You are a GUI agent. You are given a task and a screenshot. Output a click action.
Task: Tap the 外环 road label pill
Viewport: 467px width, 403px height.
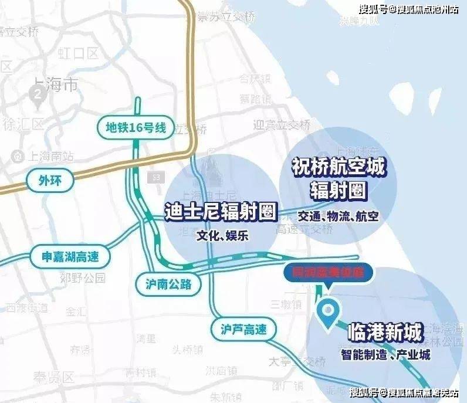(x=51, y=181)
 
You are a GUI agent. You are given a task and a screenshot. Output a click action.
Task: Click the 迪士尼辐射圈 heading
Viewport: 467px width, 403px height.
(x=220, y=212)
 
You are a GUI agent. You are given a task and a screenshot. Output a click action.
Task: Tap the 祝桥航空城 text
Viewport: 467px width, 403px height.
(x=338, y=168)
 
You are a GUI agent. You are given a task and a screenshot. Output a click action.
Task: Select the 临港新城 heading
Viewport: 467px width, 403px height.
(x=385, y=334)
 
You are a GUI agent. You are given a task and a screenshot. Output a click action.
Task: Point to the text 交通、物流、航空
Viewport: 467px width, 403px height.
(x=338, y=216)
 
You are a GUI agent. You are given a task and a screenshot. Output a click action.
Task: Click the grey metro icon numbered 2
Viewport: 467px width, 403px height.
(x=39, y=94)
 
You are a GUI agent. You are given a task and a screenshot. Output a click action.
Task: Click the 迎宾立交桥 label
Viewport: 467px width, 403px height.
(x=281, y=124)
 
